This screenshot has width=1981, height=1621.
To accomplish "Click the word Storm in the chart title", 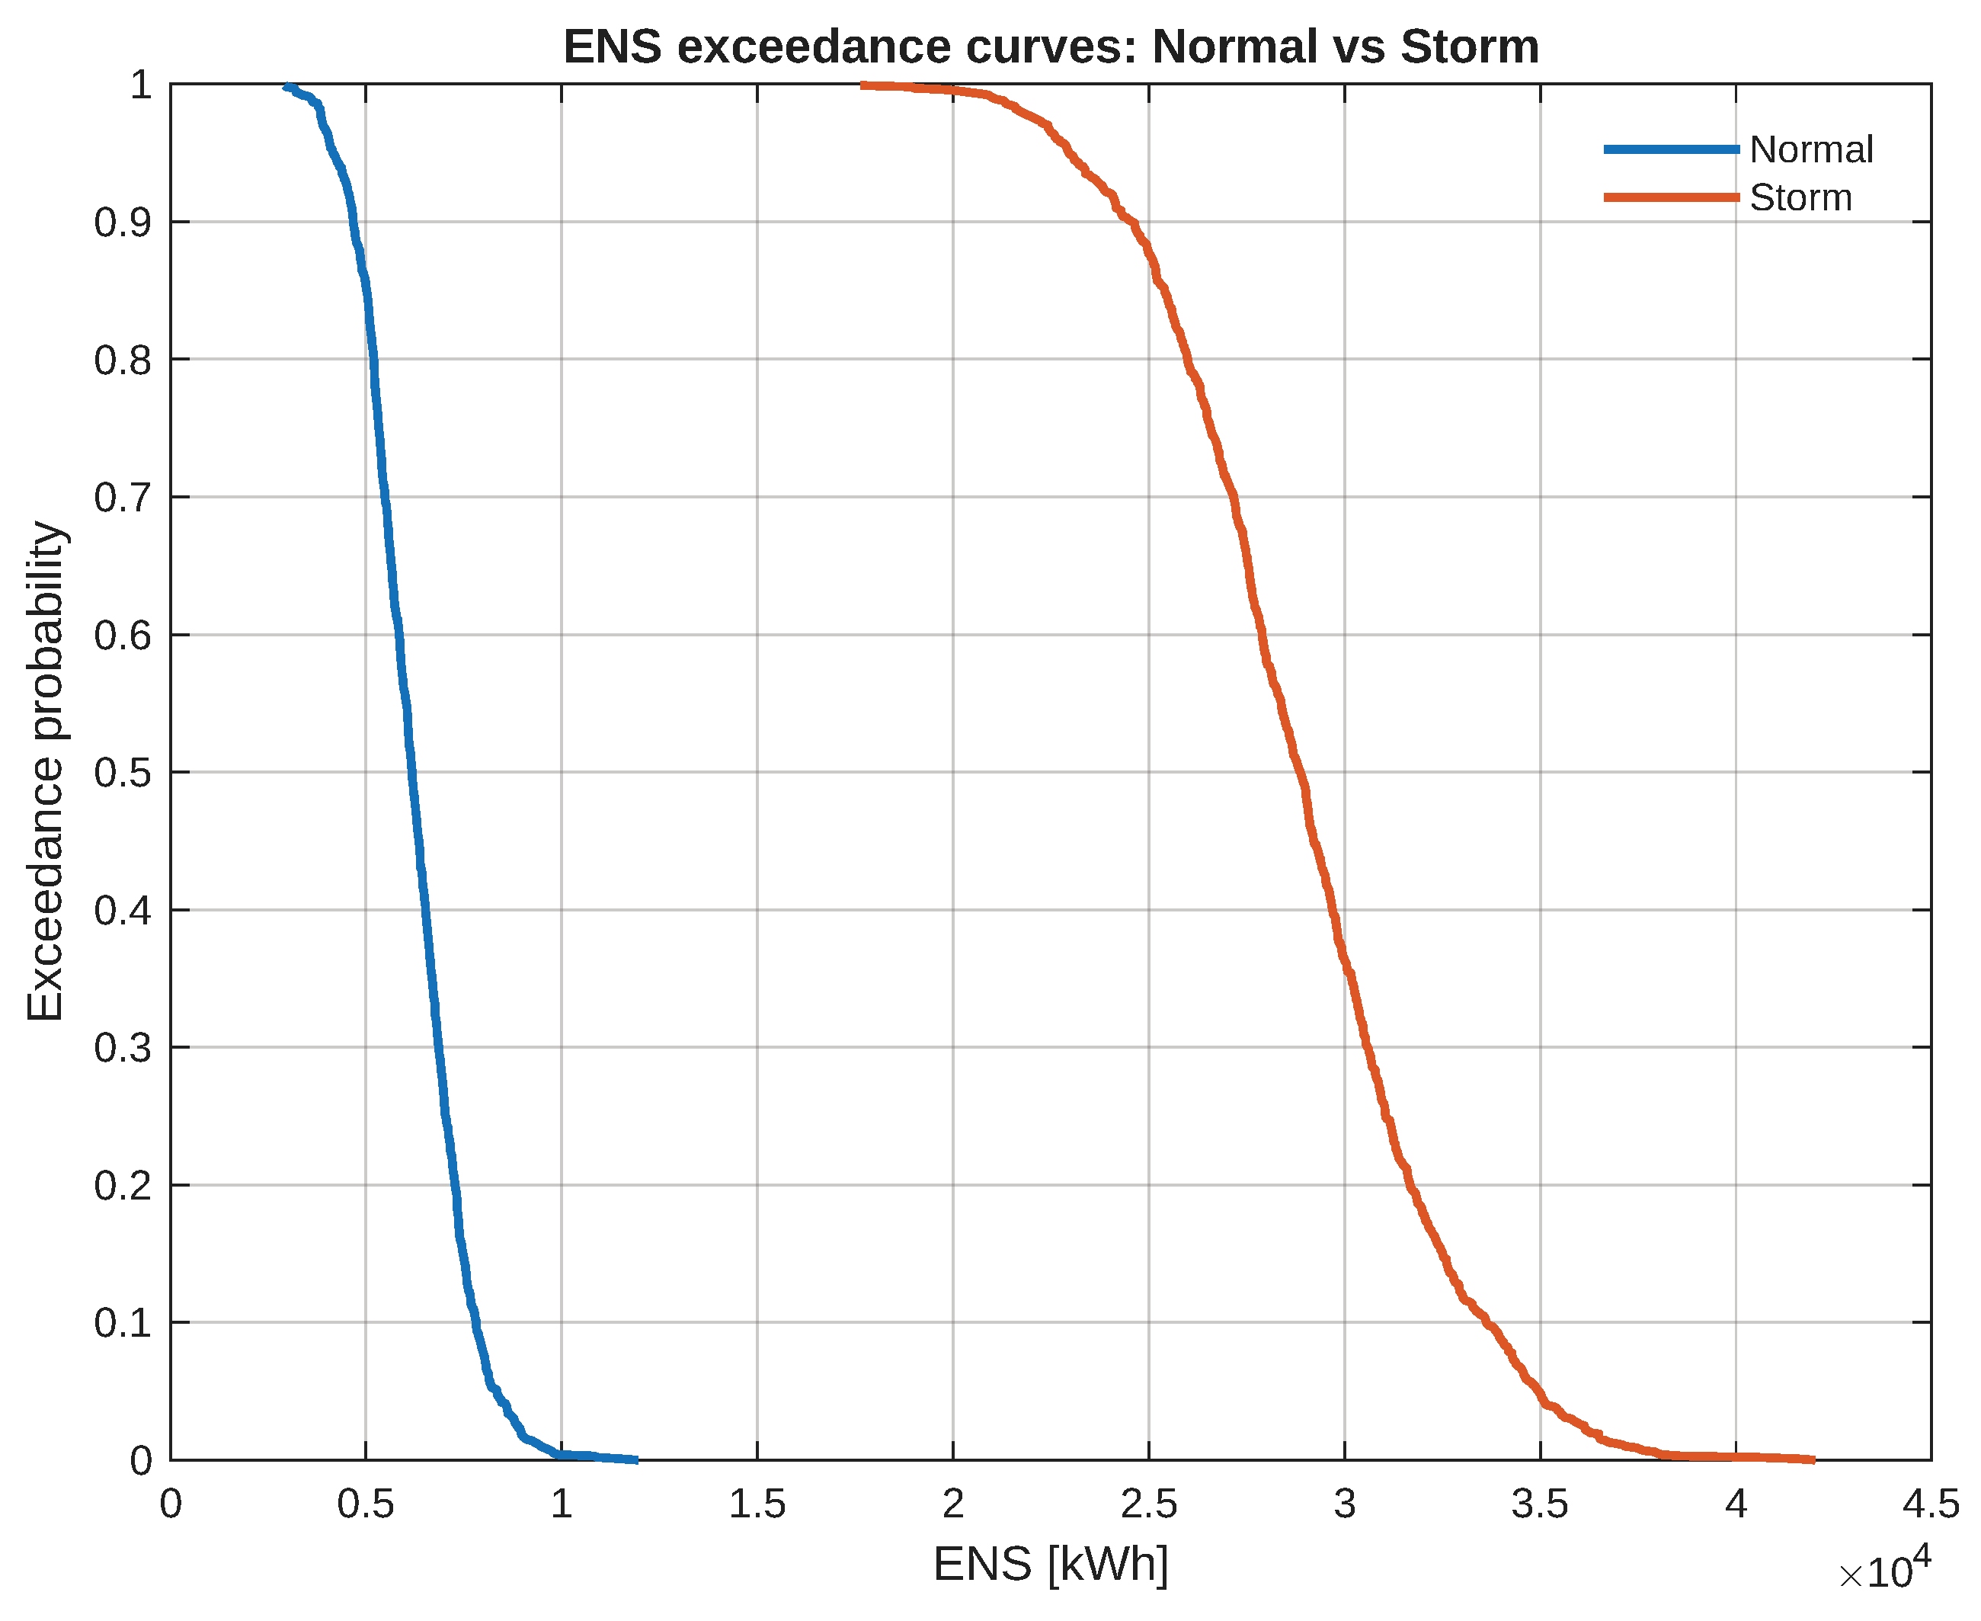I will point(1470,46).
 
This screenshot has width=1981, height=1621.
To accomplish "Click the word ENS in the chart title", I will point(612,46).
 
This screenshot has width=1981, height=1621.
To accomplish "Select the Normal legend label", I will point(1810,149).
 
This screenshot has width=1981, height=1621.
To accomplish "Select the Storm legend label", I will point(1800,198).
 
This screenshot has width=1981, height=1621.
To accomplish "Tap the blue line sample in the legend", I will point(1671,149).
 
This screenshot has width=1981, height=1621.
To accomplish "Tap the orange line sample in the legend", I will point(1671,198).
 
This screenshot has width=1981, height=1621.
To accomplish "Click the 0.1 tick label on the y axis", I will point(123,1323).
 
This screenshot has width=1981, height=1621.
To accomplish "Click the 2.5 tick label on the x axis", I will point(1148,1504).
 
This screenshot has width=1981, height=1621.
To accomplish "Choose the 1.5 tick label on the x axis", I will point(757,1504).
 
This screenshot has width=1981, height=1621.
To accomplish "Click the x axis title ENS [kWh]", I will point(1050,1564).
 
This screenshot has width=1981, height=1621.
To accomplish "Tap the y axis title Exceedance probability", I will point(45,771).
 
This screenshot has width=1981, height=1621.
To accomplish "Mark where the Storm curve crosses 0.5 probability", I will point(1301,772).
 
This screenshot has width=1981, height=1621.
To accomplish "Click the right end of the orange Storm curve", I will point(1812,1459).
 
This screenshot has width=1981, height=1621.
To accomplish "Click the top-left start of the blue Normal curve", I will point(286,87).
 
